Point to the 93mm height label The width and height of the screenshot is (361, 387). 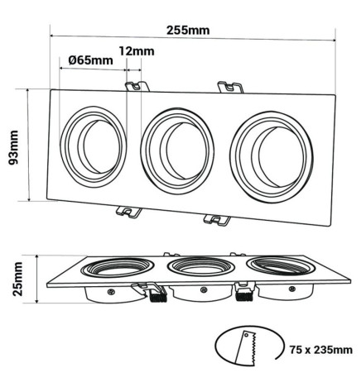click(14, 148)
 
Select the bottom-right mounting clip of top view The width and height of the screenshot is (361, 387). click(219, 220)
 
